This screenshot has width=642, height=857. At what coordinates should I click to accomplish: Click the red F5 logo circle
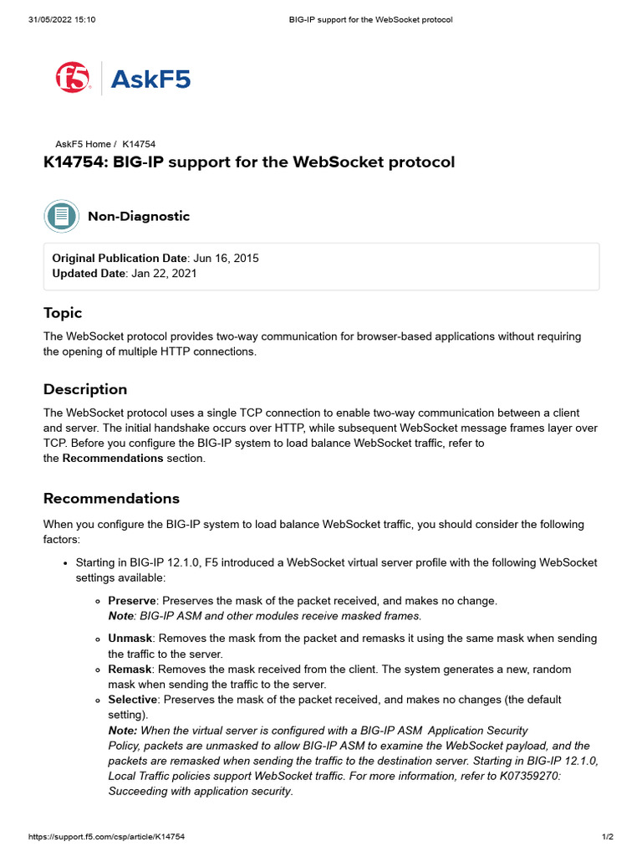tap(74, 79)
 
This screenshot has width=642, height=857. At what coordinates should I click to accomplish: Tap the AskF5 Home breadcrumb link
tap(83, 144)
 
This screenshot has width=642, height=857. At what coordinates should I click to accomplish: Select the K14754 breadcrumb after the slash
tap(139, 144)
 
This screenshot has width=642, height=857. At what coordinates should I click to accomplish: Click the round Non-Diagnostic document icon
tap(61, 216)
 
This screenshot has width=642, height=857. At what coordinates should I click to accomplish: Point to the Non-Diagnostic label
tap(139, 216)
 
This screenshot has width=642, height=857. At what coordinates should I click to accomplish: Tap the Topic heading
tap(63, 313)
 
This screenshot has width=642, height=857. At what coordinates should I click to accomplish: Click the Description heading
tap(85, 389)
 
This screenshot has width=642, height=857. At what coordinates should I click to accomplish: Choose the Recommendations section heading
tap(111, 498)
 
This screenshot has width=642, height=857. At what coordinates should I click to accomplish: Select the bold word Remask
tap(130, 670)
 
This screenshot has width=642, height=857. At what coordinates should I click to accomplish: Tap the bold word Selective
tap(132, 699)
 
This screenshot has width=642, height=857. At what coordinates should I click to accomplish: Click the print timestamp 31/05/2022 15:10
tap(61, 19)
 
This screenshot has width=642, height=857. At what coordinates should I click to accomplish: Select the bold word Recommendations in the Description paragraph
tap(113, 458)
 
